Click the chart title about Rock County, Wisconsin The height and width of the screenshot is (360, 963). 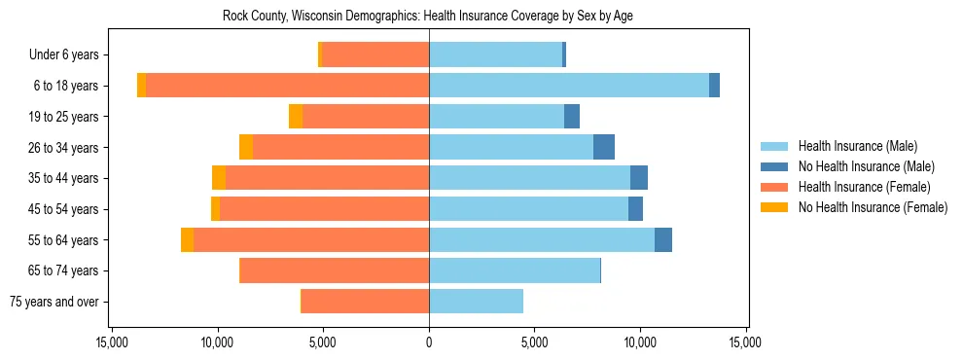(429, 17)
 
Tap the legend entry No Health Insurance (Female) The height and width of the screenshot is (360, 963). (873, 207)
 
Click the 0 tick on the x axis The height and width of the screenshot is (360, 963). (429, 342)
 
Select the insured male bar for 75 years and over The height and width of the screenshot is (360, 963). (476, 302)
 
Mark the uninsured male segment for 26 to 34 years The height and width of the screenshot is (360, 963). (604, 147)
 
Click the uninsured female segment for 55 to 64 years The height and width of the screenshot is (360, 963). (187, 240)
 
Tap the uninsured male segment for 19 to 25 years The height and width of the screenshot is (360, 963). (572, 117)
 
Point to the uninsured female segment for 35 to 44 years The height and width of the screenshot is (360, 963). (219, 178)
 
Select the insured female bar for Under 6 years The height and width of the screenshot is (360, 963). (375, 55)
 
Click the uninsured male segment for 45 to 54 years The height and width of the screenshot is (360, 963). (635, 209)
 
